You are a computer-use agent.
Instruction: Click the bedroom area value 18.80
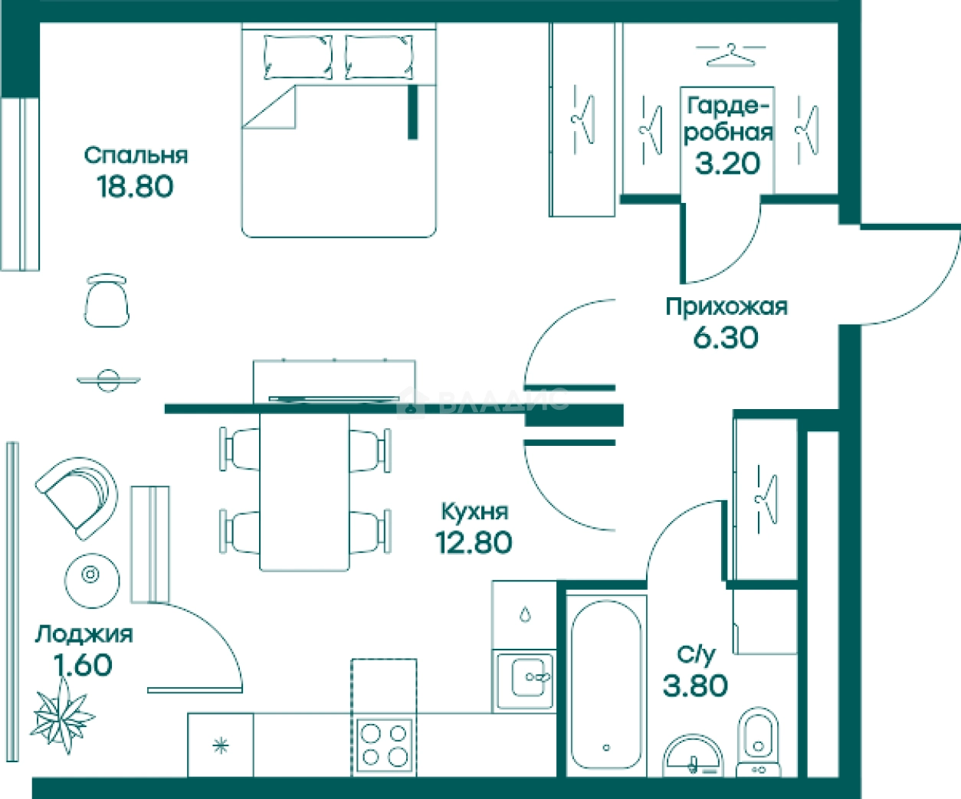click(x=135, y=186)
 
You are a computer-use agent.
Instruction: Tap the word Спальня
click(x=136, y=156)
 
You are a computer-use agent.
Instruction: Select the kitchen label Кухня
click(x=474, y=512)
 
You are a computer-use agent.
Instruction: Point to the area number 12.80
click(x=474, y=542)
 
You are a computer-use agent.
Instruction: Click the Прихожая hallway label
click(x=726, y=307)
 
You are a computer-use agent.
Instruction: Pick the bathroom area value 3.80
click(x=695, y=686)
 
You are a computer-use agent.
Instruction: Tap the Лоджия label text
click(x=84, y=635)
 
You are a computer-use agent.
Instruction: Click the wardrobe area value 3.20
click(x=728, y=163)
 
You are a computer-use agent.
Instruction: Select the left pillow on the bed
click(x=298, y=57)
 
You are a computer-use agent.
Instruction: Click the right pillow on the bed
click(x=379, y=57)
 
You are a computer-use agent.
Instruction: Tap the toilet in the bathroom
click(x=758, y=742)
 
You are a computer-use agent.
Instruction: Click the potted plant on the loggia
click(x=62, y=717)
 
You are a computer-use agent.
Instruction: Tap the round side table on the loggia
click(x=92, y=581)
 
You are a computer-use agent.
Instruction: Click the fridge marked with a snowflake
click(x=221, y=745)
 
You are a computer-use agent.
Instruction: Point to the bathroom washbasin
click(x=693, y=756)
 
